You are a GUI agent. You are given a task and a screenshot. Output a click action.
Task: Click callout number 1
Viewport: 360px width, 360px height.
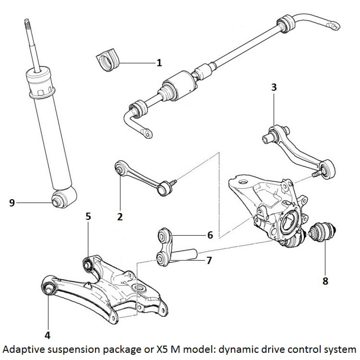pos(159,63)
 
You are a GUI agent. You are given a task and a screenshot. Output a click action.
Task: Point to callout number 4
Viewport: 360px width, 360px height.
pos(47,336)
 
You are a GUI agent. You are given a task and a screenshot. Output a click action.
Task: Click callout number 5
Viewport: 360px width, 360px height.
pos(88,216)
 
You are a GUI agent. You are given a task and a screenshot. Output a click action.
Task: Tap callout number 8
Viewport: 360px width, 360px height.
pos(325,281)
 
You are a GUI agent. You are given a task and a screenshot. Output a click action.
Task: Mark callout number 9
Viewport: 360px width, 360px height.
pos(12,203)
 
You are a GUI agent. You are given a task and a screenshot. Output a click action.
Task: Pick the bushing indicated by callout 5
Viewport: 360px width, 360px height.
pos(87,264)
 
